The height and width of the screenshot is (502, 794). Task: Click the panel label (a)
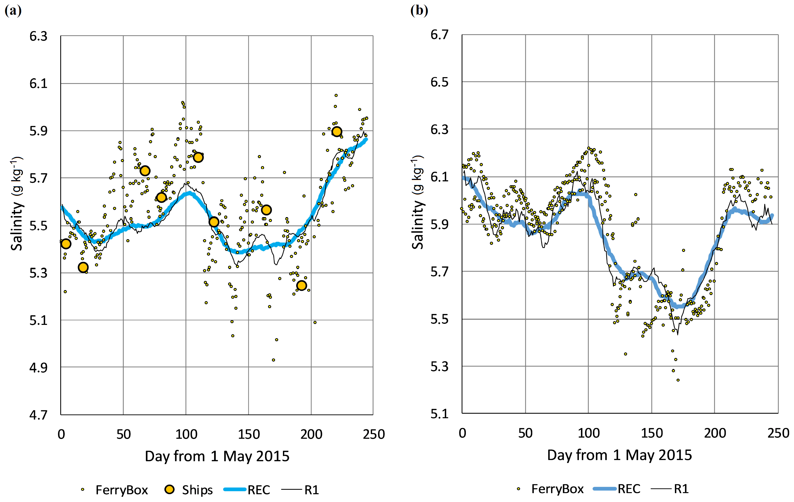[13, 11]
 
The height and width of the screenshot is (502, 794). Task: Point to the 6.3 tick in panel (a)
[38, 36]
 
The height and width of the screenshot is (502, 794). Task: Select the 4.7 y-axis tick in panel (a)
[38, 415]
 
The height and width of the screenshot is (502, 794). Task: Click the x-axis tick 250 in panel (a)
[374, 434]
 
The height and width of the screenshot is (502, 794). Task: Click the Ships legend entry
[189, 490]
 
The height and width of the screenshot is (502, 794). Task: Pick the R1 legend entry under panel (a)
[300, 490]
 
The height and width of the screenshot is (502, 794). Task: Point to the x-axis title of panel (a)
[217, 456]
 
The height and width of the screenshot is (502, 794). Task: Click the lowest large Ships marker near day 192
[301, 285]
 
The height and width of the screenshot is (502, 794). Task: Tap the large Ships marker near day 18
[83, 267]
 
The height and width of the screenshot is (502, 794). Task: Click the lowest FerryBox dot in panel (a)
[273, 360]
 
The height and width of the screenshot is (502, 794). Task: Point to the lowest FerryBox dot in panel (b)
[678, 380]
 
